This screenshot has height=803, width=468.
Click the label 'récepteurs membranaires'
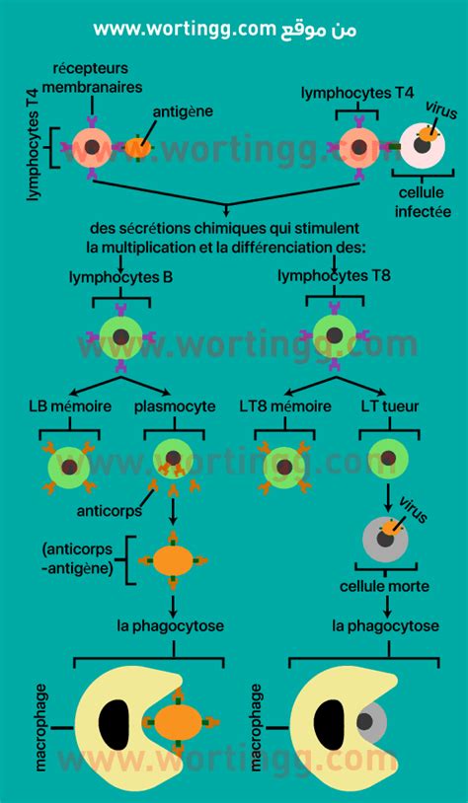click(92, 77)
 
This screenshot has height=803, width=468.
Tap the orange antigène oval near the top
click(138, 148)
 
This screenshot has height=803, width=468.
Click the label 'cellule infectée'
click(423, 201)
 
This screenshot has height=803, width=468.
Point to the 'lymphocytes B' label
click(121, 277)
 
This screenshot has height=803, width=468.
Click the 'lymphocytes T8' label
click(334, 276)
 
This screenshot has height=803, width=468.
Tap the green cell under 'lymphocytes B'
click(121, 337)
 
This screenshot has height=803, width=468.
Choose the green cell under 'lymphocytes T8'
click(334, 336)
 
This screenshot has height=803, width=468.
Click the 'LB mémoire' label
click(70, 406)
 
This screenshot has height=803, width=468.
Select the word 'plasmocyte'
click(175, 407)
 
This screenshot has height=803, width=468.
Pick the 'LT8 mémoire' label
click(285, 406)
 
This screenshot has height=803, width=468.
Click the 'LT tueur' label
click(390, 406)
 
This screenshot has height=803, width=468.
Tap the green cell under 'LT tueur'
click(389, 458)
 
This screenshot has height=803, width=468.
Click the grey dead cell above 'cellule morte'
click(384, 539)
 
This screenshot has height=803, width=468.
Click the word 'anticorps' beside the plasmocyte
click(110, 511)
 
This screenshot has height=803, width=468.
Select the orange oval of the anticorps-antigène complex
click(173, 559)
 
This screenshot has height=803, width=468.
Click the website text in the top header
click(224, 29)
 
